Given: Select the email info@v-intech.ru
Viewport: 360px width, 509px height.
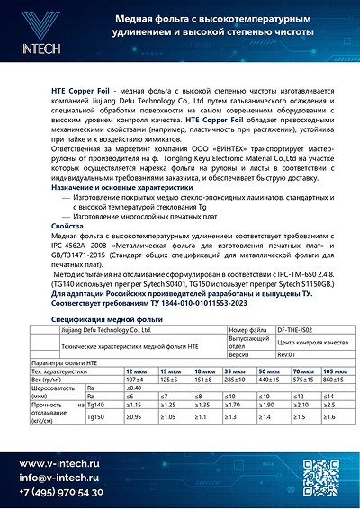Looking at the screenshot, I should (x=59, y=477).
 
